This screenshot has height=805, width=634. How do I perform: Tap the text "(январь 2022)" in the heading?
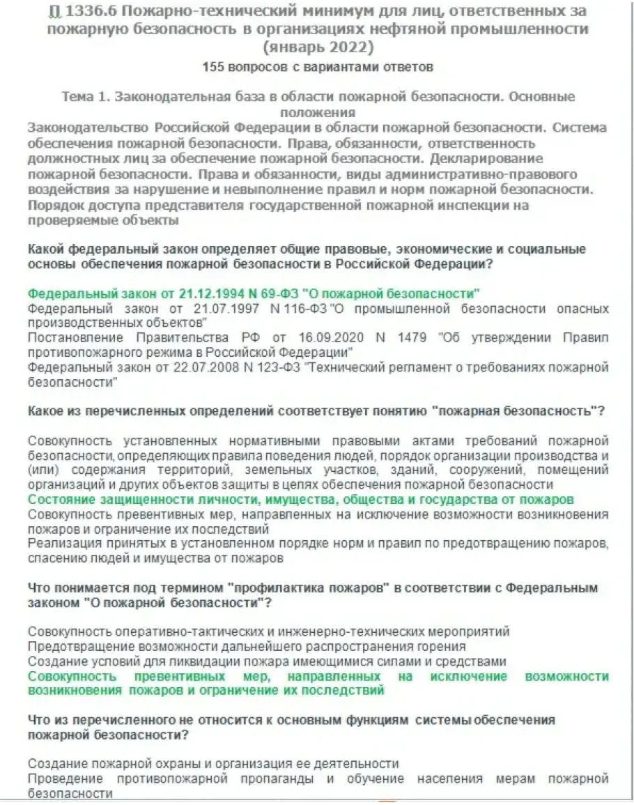(318, 48)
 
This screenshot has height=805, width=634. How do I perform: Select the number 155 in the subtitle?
(213, 68)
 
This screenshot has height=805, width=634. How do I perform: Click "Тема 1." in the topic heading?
(87, 97)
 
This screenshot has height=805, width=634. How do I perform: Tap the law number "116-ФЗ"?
(282, 308)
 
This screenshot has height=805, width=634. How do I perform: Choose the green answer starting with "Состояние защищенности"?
(300, 500)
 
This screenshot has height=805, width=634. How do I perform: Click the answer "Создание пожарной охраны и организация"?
(213, 764)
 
